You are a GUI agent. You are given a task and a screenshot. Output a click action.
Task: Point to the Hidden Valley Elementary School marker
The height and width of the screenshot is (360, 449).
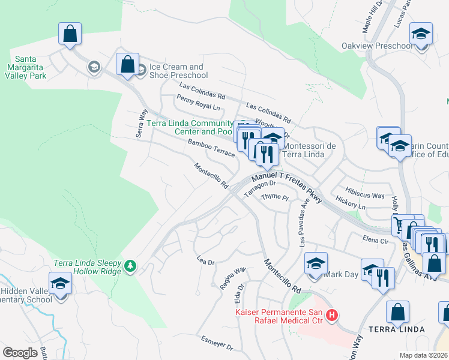[60, 283]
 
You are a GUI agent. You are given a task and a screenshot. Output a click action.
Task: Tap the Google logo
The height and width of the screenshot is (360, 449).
[20, 352]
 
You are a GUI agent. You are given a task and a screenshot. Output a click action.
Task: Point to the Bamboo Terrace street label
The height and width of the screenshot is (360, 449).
[211, 148]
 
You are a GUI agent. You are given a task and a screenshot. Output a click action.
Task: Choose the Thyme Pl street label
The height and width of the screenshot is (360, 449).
[275, 197]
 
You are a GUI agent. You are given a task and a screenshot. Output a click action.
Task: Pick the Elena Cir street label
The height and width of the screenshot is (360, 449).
[376, 238]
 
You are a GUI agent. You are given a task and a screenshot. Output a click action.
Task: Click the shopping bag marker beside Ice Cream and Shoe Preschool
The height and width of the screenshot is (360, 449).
[127, 64]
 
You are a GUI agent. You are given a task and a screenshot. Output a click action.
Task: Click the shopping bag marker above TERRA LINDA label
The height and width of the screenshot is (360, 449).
[397, 312]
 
